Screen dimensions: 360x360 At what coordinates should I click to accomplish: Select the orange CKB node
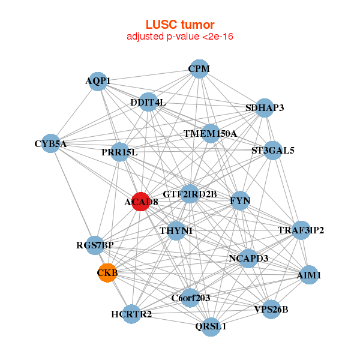[x=107, y=273]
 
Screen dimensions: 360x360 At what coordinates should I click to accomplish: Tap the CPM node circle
[x=199, y=69]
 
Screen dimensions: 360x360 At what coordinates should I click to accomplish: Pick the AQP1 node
[x=98, y=81]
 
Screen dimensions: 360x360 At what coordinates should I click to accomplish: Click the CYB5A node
[x=51, y=143]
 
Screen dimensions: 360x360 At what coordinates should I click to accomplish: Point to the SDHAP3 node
[x=265, y=108]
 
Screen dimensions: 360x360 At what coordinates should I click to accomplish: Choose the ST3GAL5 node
[x=272, y=151]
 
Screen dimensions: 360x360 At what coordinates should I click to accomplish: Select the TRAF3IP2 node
[x=301, y=230]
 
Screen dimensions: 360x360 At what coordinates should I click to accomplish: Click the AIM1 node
[x=309, y=275]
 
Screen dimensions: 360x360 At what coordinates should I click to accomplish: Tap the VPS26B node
[x=271, y=310]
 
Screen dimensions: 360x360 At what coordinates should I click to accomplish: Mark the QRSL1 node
[x=211, y=326]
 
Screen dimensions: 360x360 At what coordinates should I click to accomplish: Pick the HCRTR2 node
[x=131, y=314]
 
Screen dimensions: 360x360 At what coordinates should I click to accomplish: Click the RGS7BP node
[x=95, y=245]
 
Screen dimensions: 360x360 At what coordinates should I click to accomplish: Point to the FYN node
[x=240, y=200]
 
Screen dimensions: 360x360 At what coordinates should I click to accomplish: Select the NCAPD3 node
[x=248, y=258]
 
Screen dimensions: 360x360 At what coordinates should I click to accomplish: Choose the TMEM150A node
[x=210, y=133]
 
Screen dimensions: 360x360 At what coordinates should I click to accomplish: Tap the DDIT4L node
[x=148, y=103]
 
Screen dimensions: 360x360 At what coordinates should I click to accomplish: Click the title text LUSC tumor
[x=180, y=25]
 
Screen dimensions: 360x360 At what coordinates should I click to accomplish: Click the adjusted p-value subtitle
[x=180, y=37]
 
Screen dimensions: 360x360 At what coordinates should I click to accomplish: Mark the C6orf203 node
[x=190, y=298]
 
